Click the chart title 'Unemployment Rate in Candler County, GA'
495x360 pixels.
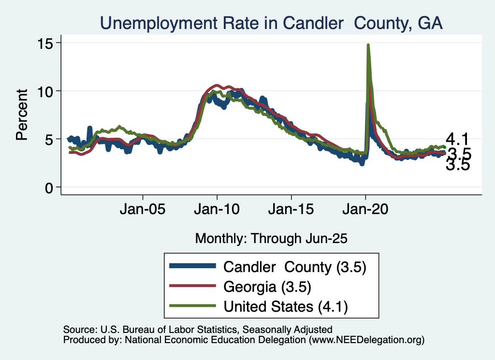tap(271, 23)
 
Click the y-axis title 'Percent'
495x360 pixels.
tap(21, 115)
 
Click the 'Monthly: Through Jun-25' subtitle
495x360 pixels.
tap(271, 238)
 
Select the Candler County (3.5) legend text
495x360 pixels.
tap(294, 266)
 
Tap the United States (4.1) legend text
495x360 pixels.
tap(285, 306)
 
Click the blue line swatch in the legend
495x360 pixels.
tap(192, 266)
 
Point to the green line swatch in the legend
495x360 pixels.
tap(192, 306)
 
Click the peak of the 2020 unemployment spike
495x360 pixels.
tap(368, 45)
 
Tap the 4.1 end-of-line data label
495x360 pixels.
tap(458, 140)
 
